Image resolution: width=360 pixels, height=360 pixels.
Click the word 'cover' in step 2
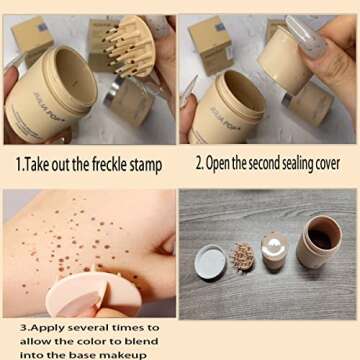point(329,164)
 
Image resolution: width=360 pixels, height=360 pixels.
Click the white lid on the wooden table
point(210,262)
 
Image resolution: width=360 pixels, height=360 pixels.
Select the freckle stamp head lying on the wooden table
point(243,257)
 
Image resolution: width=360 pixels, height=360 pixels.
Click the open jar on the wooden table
point(318,241)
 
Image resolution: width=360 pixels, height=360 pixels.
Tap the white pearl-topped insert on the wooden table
point(275,250)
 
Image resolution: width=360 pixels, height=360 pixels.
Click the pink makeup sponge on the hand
point(93,295)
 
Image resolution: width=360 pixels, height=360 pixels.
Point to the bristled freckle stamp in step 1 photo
point(130,46)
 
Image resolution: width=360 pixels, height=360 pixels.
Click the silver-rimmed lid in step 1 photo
point(129,101)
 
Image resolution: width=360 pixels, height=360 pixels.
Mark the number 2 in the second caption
point(199,164)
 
